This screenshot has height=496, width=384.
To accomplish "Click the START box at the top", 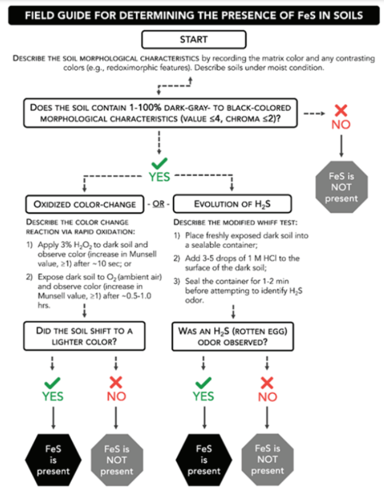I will tap(193, 39).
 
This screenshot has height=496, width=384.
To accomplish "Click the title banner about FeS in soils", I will tap(192, 14).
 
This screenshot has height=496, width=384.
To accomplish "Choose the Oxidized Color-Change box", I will tap(82, 204).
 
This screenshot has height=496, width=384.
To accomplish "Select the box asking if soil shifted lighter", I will tap(84, 336).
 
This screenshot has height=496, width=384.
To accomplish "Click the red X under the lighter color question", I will tap(116, 382).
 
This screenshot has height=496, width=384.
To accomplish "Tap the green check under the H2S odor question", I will tap(204, 382).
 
